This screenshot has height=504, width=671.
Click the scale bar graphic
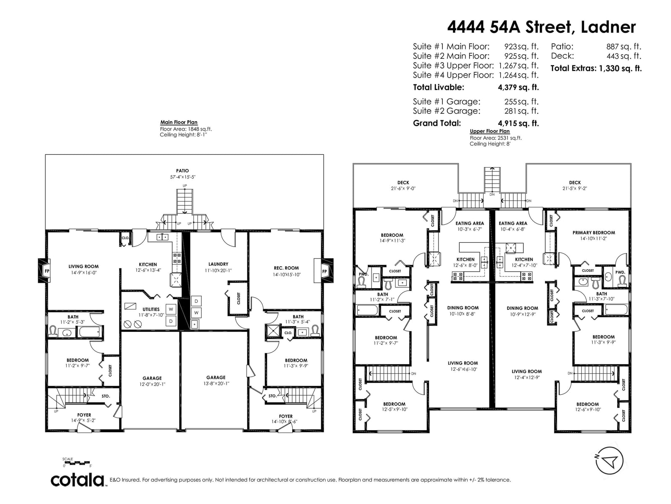[76, 463]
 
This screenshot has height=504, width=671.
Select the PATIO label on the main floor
[182, 171]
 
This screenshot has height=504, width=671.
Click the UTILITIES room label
[151, 310]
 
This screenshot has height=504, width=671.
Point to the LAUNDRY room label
[218, 264]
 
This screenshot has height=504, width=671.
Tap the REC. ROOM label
[286, 268]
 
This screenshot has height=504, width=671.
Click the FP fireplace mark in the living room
[47, 271]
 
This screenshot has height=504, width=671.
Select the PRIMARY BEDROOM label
[594, 233]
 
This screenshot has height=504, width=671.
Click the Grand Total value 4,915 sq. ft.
[518, 123]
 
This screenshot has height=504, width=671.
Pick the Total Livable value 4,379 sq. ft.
[518, 87]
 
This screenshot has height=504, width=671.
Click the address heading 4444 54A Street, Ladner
[541, 27]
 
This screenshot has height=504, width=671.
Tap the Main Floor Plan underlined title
[179, 122]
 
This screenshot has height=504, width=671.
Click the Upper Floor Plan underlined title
[490, 131]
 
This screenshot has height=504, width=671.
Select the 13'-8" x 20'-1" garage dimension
[216, 383]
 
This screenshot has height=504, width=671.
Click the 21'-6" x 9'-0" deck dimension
[403, 189]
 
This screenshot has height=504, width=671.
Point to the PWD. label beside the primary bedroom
[620, 272]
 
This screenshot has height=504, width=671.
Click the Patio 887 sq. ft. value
[624, 47]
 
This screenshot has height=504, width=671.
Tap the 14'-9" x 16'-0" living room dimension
[83, 273]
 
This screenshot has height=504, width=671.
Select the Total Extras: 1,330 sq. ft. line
[596, 68]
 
